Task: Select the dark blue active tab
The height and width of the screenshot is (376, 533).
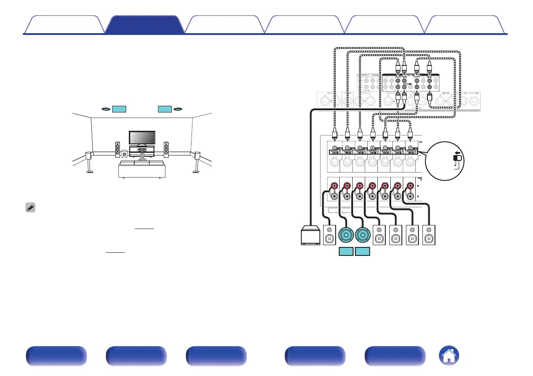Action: tap(145, 25)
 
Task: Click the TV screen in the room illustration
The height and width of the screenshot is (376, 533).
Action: tap(142, 138)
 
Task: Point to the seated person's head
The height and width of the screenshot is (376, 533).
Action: tap(142, 156)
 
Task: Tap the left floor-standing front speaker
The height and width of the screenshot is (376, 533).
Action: tap(118, 149)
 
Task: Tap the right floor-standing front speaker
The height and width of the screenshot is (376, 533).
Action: tap(166, 149)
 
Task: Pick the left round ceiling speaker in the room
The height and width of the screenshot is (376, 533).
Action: tap(105, 109)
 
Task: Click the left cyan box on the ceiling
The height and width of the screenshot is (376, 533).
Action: tap(119, 109)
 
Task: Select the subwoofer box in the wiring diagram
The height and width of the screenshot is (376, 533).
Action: tap(309, 235)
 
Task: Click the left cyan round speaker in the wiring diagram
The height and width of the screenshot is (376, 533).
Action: tap(347, 235)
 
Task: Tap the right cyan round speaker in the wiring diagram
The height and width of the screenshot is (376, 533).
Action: tap(363, 235)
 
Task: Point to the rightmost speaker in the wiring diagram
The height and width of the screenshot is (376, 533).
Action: tap(429, 235)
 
